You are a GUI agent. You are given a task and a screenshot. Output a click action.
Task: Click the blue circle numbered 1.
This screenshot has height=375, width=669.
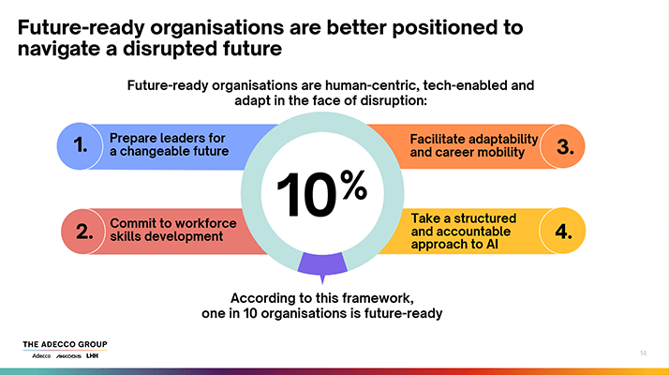click(80, 146)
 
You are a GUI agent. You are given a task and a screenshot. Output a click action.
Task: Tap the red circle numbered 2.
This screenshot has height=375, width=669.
click(83, 232)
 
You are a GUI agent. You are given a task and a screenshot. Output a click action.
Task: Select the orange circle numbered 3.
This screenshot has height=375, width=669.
click(562, 146)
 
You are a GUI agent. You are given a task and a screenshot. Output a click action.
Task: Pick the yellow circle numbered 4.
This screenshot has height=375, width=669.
click(562, 231)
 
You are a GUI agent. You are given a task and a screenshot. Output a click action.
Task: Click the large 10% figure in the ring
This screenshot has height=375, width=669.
click(322, 193)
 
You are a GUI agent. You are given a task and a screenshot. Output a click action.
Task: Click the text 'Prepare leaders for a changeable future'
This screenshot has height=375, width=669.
click(169, 144)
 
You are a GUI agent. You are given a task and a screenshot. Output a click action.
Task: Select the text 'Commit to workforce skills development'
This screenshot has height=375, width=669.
click(172, 230)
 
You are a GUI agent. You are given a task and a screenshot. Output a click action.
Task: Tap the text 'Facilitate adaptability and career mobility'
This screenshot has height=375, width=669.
click(473, 145)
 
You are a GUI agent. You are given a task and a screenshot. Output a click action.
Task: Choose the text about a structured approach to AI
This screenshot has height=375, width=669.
click(464, 231)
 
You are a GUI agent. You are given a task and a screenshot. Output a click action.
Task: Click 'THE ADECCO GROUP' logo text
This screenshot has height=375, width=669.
click(65, 344)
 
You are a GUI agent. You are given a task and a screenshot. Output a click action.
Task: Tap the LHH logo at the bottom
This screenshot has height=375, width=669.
click(92, 355)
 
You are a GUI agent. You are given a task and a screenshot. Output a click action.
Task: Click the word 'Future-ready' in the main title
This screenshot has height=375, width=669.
click(82, 28)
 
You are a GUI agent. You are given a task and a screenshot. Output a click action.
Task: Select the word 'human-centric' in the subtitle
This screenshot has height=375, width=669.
click(372, 85)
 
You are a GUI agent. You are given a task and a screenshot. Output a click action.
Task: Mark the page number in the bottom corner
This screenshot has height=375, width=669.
click(643, 353)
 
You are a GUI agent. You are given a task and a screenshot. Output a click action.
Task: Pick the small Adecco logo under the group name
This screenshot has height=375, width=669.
click(41, 355)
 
